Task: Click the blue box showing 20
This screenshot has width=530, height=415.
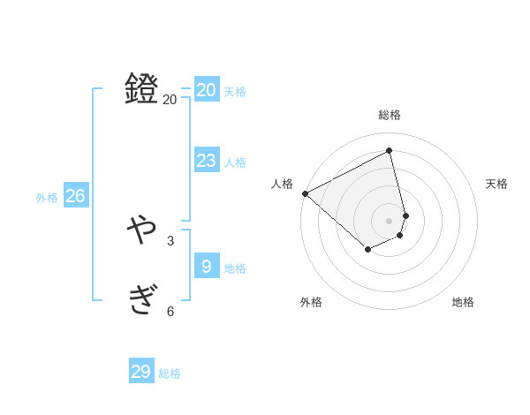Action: tap(207, 89)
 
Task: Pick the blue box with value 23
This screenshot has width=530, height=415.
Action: tap(207, 160)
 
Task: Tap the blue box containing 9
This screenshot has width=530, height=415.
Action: tap(207, 266)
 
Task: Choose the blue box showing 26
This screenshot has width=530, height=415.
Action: tap(75, 195)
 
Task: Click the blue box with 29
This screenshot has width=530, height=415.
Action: tap(141, 371)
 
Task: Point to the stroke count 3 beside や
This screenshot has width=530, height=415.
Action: tap(170, 240)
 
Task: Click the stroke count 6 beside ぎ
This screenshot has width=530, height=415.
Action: tap(170, 311)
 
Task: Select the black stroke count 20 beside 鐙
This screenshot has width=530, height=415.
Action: tap(170, 100)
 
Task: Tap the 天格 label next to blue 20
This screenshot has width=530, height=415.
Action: tap(235, 92)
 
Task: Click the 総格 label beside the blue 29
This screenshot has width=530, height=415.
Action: tap(170, 373)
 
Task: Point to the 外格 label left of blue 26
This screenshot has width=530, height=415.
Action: tap(47, 198)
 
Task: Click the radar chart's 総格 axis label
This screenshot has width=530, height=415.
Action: tap(390, 115)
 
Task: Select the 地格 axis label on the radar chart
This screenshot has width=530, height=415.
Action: tap(463, 302)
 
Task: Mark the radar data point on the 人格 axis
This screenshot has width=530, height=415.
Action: tap(305, 193)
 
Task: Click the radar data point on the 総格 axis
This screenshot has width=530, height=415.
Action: tap(390, 151)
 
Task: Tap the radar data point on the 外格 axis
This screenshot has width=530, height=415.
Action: tap(367, 251)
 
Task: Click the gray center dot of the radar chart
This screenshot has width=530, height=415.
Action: tap(390, 220)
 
